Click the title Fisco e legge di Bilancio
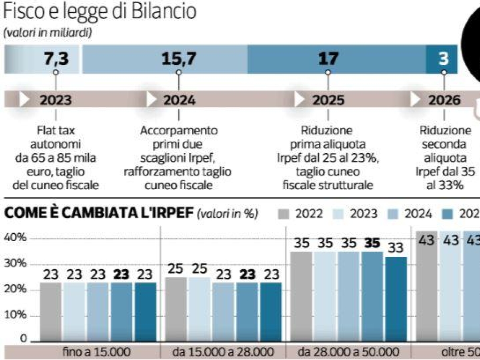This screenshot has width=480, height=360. [x=100, y=12]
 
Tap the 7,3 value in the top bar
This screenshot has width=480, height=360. [x=56, y=59]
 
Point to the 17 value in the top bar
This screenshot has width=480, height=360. [x=328, y=59]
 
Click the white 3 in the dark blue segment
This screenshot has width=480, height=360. [x=444, y=59]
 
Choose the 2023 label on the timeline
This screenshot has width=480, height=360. [x=56, y=100]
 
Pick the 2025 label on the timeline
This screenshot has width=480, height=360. [x=328, y=100]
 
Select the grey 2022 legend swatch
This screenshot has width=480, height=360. [x=283, y=214]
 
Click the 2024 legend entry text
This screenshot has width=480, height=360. [x=418, y=214]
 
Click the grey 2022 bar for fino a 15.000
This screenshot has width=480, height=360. [x=51, y=312]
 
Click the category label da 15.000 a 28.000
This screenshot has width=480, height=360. [x=223, y=352]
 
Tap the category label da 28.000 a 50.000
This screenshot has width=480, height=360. [x=348, y=352]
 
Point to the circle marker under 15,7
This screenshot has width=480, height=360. [x=178, y=72]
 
